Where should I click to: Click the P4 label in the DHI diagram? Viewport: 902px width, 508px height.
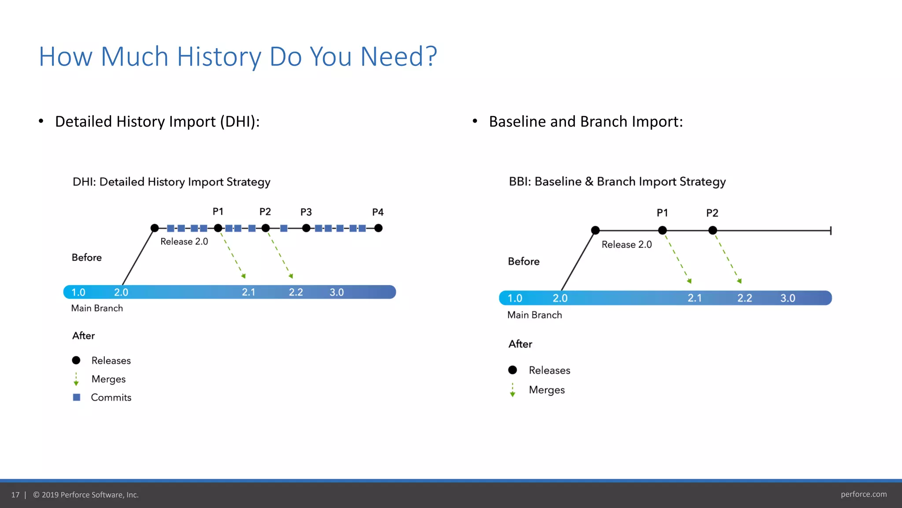[377, 212]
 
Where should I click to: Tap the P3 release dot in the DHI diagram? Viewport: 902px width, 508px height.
[306, 228]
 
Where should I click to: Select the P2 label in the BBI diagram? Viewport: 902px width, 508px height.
[712, 213]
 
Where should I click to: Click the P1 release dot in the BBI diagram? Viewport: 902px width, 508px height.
[662, 230]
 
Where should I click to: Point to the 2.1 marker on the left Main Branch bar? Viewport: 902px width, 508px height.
[248, 292]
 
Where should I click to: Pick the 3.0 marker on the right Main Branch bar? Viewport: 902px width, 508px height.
[787, 298]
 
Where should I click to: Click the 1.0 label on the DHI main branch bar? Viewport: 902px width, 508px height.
[78, 292]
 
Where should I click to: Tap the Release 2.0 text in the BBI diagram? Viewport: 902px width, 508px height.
[626, 244]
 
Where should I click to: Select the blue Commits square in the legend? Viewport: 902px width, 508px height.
[77, 397]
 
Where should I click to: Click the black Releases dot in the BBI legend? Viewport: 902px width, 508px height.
[512, 370]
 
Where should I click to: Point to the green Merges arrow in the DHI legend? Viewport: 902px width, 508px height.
[76, 379]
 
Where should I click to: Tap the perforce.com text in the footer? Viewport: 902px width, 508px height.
[863, 494]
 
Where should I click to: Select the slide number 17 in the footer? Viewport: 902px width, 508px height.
[15, 495]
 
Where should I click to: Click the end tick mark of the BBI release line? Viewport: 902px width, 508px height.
[830, 230]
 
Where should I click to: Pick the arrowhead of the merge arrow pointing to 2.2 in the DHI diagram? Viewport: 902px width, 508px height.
[291, 276]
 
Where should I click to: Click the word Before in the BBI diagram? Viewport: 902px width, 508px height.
[523, 261]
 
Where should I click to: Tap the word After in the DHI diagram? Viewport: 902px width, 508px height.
[83, 336]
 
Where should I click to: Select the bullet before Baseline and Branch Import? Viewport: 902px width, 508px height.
[475, 121]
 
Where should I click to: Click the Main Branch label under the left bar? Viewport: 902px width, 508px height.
[97, 308]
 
